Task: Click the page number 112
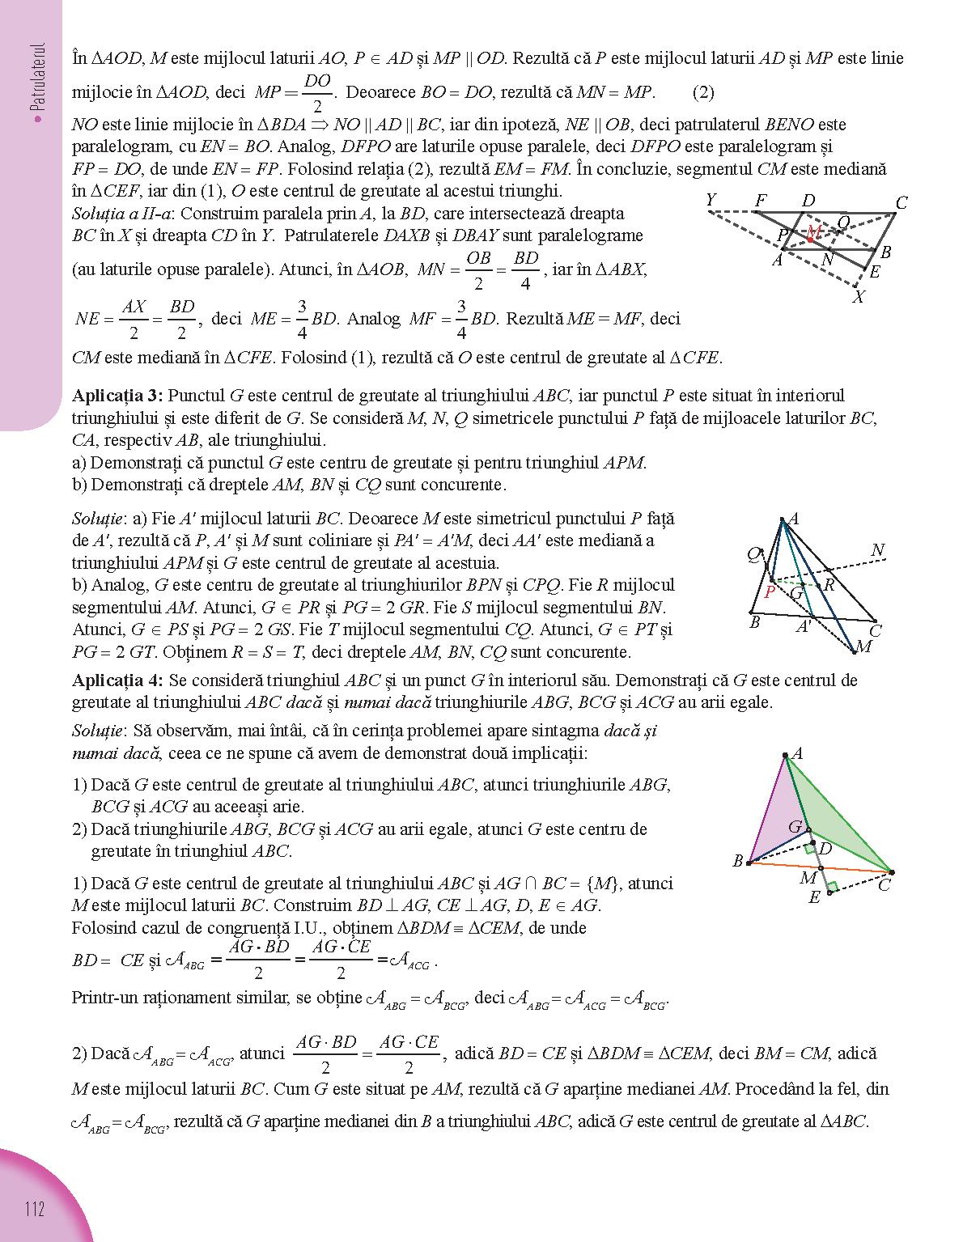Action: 34,1210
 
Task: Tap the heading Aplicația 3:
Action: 117,396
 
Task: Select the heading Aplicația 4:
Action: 117,680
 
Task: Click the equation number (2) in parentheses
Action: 703,92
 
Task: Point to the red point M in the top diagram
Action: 810,239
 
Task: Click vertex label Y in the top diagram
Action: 711,200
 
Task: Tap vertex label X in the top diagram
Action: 859,298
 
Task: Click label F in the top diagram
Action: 761,200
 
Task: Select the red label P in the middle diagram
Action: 770,591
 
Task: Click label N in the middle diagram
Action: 877,551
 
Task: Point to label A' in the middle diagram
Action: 804,627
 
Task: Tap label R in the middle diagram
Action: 829,585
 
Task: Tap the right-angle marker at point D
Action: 809,849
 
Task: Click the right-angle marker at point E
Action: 833,887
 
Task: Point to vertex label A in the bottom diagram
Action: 797,754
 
